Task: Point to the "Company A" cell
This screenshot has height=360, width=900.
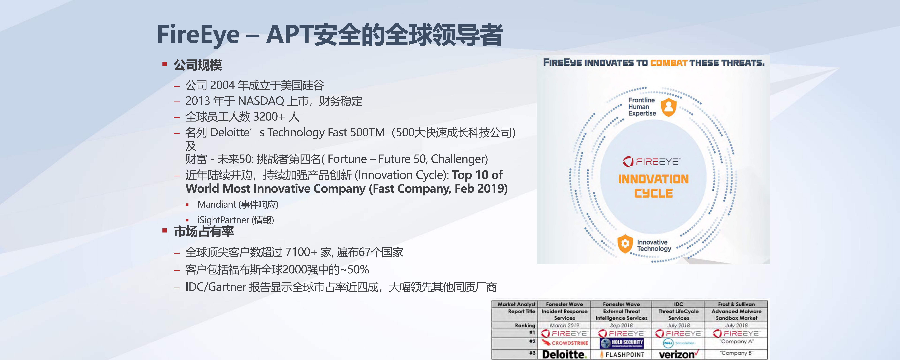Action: click(x=736, y=341)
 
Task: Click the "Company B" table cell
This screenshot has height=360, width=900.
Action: click(x=736, y=353)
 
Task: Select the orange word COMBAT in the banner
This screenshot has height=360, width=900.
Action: click(x=669, y=63)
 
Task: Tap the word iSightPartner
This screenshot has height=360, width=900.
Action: click(x=223, y=220)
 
